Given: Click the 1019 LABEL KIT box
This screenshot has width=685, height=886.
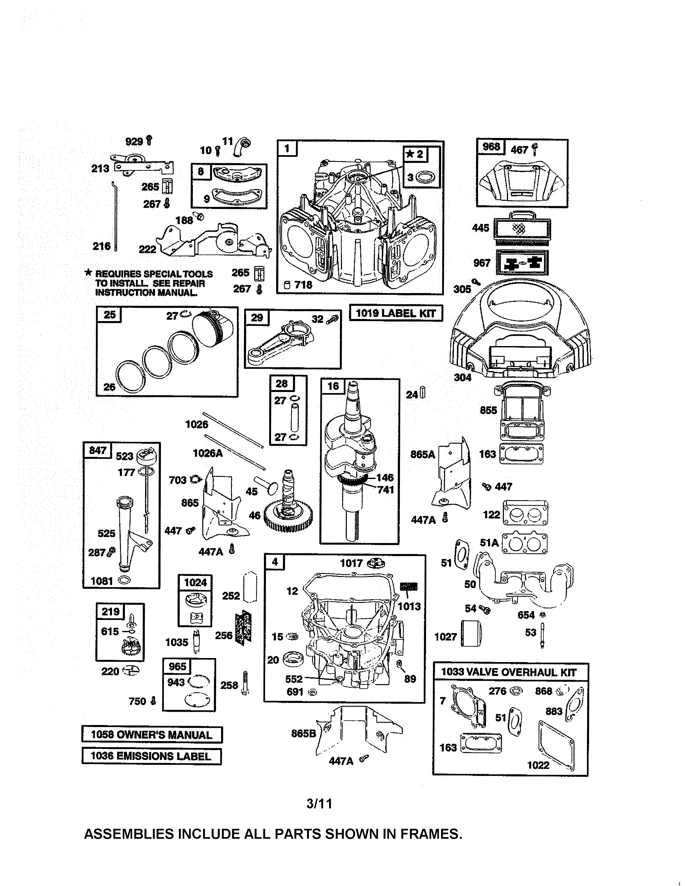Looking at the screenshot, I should (x=396, y=313).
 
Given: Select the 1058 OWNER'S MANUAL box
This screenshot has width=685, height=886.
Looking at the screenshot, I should (x=152, y=735).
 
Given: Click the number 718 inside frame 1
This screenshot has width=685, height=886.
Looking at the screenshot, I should (x=304, y=285).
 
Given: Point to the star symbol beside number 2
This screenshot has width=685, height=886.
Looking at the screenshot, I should (x=411, y=154).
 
